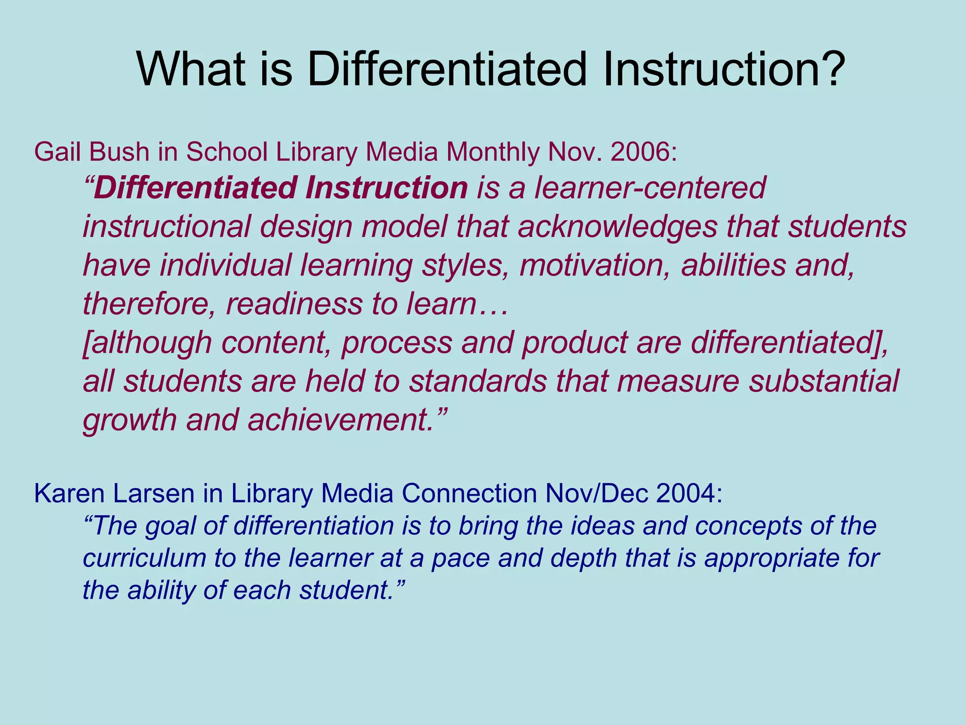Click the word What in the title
pos(191,69)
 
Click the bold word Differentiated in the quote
pos(195,188)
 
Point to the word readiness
pos(294,304)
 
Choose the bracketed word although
pos(148,343)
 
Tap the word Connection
pos(469,494)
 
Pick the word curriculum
pos(144,558)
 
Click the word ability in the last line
pos(161,590)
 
